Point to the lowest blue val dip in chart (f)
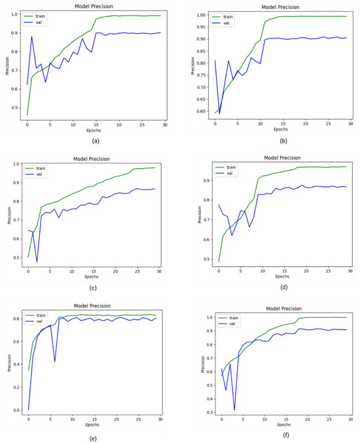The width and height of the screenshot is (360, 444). point(234,410)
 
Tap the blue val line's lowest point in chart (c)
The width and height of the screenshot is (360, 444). point(37,262)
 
